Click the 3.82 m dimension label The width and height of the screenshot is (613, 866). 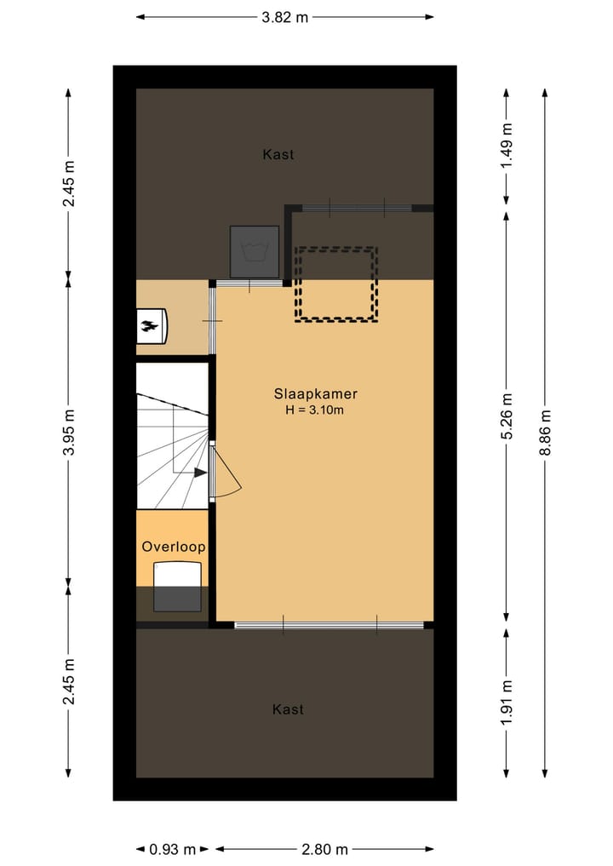284,17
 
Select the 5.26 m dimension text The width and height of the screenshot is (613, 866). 507,416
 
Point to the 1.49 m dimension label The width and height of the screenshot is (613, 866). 507,146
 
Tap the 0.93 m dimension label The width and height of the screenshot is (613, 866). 173,849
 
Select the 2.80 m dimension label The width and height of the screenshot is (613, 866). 325,849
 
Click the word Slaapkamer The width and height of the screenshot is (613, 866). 315,394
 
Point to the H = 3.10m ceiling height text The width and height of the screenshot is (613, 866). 315,410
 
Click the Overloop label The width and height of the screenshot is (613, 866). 174,547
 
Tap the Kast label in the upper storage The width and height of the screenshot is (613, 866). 278,154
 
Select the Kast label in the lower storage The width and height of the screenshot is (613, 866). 288,708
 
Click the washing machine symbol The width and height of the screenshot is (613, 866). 255,251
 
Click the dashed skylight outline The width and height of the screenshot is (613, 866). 335,284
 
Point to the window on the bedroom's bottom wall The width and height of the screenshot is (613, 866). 329,626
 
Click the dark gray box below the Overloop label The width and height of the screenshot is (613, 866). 178,588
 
